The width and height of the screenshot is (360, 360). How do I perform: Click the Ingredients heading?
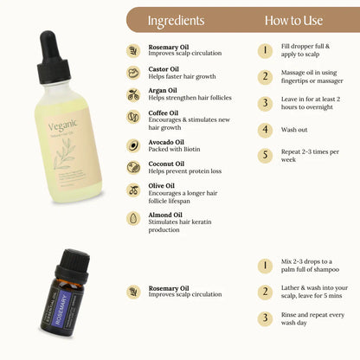[x=176, y=19]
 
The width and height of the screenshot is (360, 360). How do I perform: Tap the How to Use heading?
[x=293, y=19]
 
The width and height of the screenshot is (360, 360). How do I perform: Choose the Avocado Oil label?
[x=169, y=141]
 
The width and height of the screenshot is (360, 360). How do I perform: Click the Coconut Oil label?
[x=167, y=163]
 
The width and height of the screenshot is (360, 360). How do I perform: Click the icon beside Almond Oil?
[x=134, y=219]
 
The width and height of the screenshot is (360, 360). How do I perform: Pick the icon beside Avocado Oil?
[x=134, y=145]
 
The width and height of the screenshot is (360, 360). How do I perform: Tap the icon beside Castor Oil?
[x=134, y=74]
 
